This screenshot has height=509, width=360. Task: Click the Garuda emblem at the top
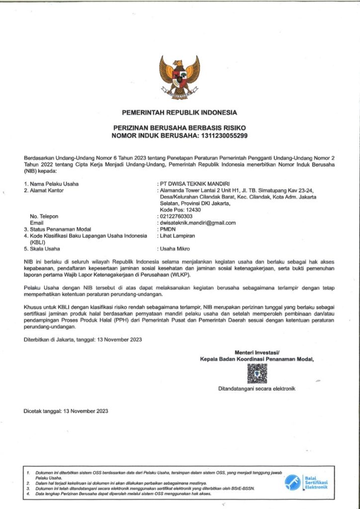[x=180, y=75]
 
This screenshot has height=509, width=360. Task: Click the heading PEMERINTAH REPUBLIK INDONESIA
[x=180, y=112]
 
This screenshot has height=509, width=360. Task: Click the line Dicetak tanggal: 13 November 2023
[x=66, y=411]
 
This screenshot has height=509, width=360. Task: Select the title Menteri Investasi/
[x=258, y=352]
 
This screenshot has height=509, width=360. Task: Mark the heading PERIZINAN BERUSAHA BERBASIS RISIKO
[x=180, y=128]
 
